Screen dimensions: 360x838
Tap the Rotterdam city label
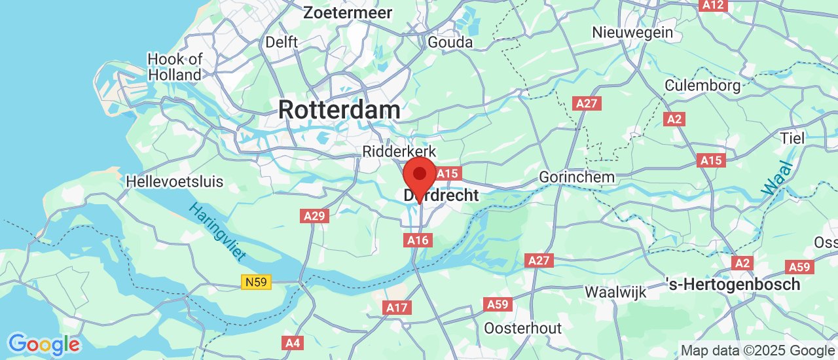coord(339,109)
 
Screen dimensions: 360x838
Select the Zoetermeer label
coord(348,12)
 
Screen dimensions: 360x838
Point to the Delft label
coord(282,42)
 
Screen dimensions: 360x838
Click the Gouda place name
coord(450,42)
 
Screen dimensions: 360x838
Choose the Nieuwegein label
coord(632,32)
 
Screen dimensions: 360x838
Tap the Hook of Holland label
coord(175,67)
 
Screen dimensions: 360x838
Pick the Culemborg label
coord(702,85)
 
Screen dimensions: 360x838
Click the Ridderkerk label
coord(399,152)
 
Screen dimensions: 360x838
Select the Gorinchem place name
coord(577,177)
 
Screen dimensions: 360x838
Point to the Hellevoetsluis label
coord(175,181)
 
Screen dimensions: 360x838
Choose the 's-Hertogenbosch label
coord(733,285)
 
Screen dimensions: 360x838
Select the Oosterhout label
coord(523,328)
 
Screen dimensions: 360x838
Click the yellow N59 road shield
coord(255,282)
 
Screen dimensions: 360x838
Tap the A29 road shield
coord(314,215)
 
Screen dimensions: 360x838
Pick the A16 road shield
coord(418,240)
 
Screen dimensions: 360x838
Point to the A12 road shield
coord(713,5)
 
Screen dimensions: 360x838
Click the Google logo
coord(44,344)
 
